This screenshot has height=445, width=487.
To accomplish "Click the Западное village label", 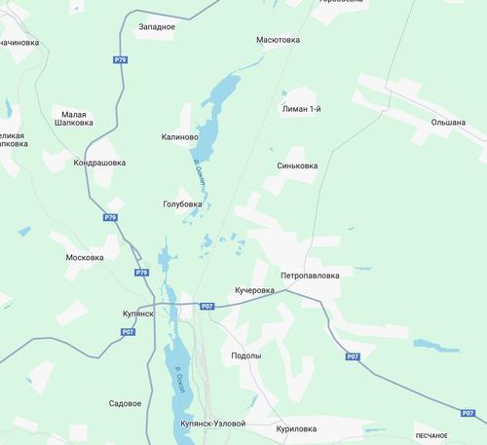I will (157, 26).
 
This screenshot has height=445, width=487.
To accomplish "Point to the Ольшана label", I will (448, 123).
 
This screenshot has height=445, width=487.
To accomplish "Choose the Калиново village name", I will (180, 137).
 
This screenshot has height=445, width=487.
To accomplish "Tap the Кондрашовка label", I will (99, 163).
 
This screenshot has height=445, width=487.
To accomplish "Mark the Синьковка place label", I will (297, 166).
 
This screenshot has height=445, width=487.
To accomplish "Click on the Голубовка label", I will (183, 204).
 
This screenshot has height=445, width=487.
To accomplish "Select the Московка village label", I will (85, 257).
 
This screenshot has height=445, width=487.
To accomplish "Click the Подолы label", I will (245, 355).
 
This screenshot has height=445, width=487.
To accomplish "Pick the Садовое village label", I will (126, 402).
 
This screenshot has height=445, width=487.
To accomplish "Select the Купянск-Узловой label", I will (213, 425).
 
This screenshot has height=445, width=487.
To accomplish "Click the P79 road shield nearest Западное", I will (120, 59).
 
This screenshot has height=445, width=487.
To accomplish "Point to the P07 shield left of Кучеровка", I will (206, 307).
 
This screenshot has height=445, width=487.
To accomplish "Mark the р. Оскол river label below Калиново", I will (199, 175).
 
